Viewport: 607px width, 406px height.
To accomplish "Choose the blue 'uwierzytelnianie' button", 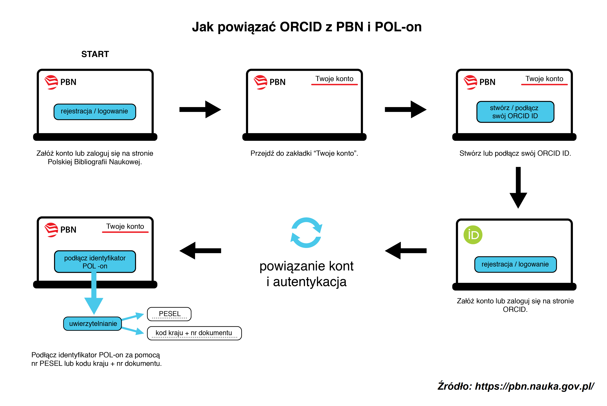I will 93,324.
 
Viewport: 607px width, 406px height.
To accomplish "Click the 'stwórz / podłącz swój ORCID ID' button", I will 515,112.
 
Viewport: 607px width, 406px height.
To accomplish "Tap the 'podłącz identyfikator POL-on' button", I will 95,262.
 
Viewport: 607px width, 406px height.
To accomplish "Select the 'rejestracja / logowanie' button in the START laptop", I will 95,112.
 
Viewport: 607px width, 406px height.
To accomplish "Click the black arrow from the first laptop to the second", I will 200,110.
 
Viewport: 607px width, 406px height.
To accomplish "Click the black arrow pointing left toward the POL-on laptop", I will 200,251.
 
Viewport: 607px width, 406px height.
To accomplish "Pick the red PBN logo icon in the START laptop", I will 51,82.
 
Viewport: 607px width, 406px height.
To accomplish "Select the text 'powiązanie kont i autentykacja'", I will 306,274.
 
